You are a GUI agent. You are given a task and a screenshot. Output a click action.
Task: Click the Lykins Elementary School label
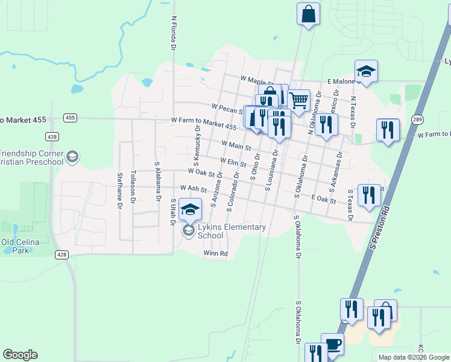point(232,231)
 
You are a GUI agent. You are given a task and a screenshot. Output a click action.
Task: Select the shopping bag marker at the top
point(308,14)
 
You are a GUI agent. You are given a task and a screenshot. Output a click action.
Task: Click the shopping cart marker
point(298,100)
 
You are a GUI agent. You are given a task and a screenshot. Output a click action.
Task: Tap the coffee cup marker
point(332,344)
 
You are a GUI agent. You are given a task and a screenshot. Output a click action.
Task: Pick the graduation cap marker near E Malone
point(366,71)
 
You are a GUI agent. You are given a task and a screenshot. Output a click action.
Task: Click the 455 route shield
point(71,118)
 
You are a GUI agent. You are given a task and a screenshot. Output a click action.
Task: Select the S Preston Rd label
point(381,229)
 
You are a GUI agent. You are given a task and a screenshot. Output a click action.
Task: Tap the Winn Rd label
point(215,253)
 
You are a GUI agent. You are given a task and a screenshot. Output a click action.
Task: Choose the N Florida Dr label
point(174,34)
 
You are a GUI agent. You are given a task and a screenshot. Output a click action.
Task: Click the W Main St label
point(236,145)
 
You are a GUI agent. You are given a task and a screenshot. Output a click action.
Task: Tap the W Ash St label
point(193,189)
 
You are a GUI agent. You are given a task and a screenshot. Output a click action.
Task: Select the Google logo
point(20,355)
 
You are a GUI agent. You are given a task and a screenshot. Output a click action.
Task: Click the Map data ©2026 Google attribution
point(414,357)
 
